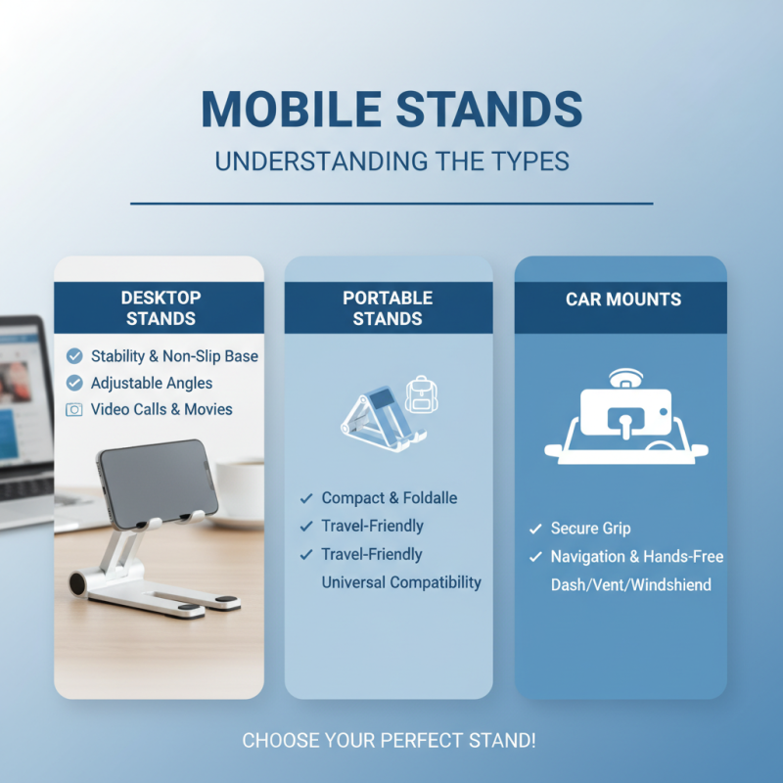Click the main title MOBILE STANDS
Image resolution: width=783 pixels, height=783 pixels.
pyautogui.click(x=391, y=110)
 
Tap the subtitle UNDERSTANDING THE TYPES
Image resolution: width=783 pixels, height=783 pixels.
pyautogui.click(x=391, y=161)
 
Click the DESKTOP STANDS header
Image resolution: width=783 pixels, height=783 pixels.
pyautogui.click(x=160, y=307)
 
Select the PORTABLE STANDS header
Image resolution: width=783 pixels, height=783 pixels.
pyautogui.click(x=388, y=307)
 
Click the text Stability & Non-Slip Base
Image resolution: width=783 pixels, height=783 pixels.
pyautogui.click(x=174, y=356)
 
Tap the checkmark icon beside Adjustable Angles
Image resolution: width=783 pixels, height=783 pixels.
pyautogui.click(x=74, y=384)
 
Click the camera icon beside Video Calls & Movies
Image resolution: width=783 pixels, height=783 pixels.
pyautogui.click(x=74, y=410)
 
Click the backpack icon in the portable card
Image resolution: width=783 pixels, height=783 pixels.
pyautogui.click(x=420, y=393)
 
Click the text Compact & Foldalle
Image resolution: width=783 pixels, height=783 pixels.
pyautogui.click(x=389, y=498)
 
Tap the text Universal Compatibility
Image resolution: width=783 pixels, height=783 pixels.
pyautogui.click(x=401, y=582)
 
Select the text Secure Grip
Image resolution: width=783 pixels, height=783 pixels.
pyautogui.click(x=589, y=529)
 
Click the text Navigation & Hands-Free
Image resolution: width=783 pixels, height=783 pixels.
pyautogui.click(x=636, y=557)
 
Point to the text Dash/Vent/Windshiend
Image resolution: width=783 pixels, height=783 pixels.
pyautogui.click(x=630, y=585)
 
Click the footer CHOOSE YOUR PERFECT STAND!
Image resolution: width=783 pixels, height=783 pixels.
pyautogui.click(x=389, y=740)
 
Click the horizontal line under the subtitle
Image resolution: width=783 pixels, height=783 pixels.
pyautogui.click(x=391, y=204)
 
